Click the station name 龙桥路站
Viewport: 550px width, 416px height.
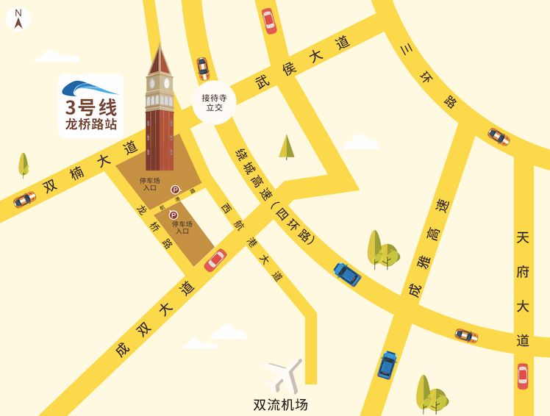91,124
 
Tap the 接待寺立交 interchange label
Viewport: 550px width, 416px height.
215,101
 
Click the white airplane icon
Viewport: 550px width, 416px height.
285,373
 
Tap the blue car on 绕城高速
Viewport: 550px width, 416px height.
347,274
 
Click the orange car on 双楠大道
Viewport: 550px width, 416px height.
24,199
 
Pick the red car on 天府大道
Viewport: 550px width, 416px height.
523,376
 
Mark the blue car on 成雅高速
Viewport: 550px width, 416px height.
387,365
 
